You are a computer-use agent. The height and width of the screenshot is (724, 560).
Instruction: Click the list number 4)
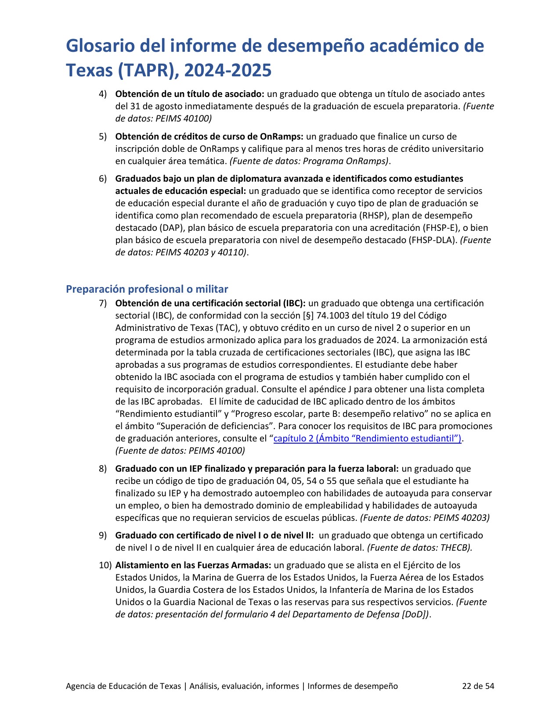pos(103,94)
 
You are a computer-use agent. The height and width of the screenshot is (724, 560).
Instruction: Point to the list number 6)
pos(103,179)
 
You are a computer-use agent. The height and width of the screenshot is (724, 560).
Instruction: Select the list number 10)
pos(105,565)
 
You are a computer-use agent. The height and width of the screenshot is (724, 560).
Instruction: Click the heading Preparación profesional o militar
pos(147,289)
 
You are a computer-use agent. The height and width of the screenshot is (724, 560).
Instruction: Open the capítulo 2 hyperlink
pos(367,438)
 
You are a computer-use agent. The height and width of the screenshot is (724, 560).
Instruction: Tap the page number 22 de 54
pos(478,686)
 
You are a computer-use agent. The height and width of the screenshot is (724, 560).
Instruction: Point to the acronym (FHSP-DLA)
pos(433,240)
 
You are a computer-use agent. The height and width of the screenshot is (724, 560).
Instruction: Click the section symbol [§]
pos(308,315)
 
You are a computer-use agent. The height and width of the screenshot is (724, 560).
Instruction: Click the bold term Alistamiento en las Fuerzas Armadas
pos(193,565)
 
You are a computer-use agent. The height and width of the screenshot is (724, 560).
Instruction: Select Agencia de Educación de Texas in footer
pos(123,686)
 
